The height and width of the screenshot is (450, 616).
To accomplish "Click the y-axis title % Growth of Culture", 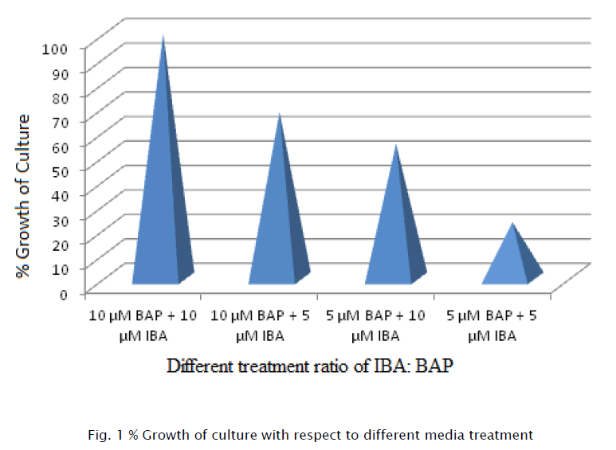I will (x=25, y=196).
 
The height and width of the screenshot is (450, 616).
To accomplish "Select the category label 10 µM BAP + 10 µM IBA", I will (x=142, y=325).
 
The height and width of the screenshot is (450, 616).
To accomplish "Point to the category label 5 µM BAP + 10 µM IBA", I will (x=376, y=325).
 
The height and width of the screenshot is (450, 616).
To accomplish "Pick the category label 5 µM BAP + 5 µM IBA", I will (x=492, y=325).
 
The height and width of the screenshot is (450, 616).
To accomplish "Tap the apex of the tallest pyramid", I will (x=163, y=37).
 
